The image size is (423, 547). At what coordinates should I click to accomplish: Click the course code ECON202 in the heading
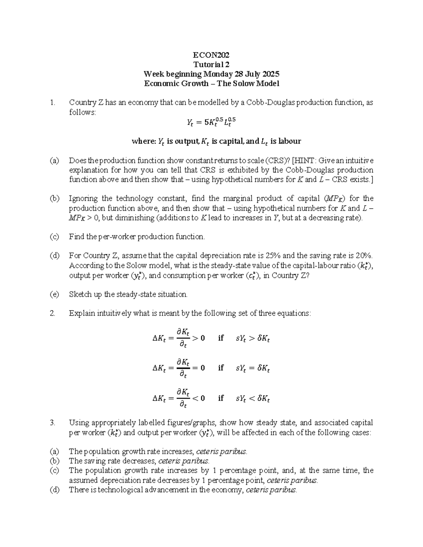[x=211, y=55]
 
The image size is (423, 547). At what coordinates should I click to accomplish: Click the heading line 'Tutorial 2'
[x=211, y=64]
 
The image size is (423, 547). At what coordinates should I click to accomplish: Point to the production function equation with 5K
[x=211, y=122]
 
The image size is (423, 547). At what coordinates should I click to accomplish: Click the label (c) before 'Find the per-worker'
[x=54, y=237]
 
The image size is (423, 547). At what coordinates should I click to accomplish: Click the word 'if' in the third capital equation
[x=221, y=398]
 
